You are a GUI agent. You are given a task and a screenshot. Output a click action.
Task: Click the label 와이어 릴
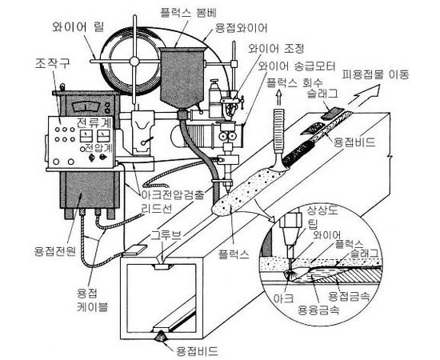[x=78, y=27]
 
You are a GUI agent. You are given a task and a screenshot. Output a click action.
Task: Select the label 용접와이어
[x=241, y=28]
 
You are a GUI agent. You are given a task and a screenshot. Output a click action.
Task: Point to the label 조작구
[x=52, y=63]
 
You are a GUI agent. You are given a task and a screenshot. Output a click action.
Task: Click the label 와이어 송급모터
[x=297, y=66]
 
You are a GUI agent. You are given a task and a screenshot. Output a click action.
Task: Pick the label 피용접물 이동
[x=375, y=74]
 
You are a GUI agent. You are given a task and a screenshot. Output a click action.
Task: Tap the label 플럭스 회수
[x=294, y=82]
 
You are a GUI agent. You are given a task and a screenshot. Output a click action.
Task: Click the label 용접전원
[x=55, y=250]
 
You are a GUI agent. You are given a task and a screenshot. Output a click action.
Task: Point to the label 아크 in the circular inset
[x=284, y=298]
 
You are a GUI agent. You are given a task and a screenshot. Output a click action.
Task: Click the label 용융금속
[x=319, y=310]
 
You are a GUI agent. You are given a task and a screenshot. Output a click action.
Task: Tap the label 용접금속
[x=349, y=296]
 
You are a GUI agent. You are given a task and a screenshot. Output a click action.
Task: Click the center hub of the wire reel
[x=134, y=61]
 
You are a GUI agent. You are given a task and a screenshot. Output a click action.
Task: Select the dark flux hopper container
[x=182, y=77]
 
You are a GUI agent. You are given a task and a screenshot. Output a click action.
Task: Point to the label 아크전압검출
[x=173, y=194]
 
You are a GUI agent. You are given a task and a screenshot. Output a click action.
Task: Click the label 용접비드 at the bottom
[x=197, y=350]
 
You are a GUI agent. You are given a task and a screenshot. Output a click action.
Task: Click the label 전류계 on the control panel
[x=94, y=122]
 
